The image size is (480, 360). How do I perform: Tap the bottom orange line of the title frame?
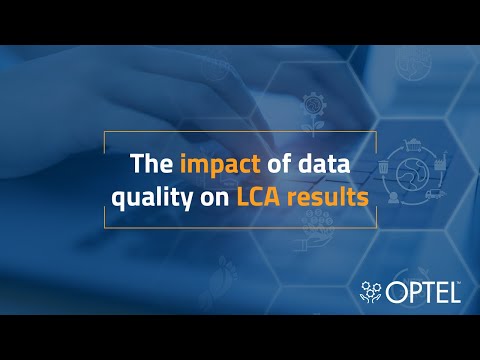(240, 228)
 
